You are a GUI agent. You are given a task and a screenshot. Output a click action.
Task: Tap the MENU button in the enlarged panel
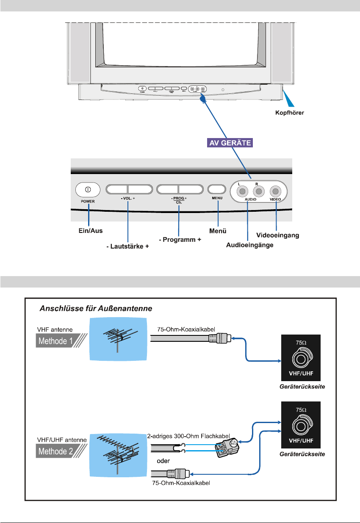[x=217, y=189]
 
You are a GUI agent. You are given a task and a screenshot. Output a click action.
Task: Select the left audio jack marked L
[x=242, y=191]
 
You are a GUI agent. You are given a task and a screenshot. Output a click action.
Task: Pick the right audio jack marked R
[x=257, y=191]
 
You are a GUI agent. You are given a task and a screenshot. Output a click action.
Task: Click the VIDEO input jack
[x=276, y=191]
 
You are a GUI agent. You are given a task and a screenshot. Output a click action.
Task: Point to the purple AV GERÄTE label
[x=230, y=143]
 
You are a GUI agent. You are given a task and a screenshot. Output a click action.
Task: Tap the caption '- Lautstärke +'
[x=127, y=245]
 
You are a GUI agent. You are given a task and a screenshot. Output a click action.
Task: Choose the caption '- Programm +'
[x=180, y=240]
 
